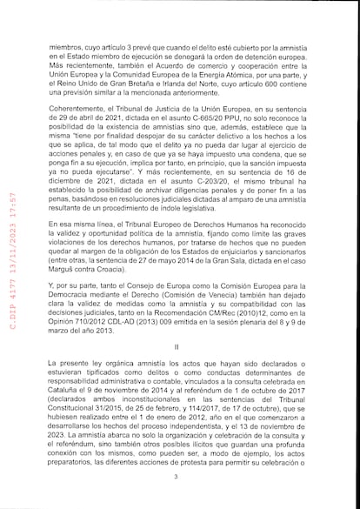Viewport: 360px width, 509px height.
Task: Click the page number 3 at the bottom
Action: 176,477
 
